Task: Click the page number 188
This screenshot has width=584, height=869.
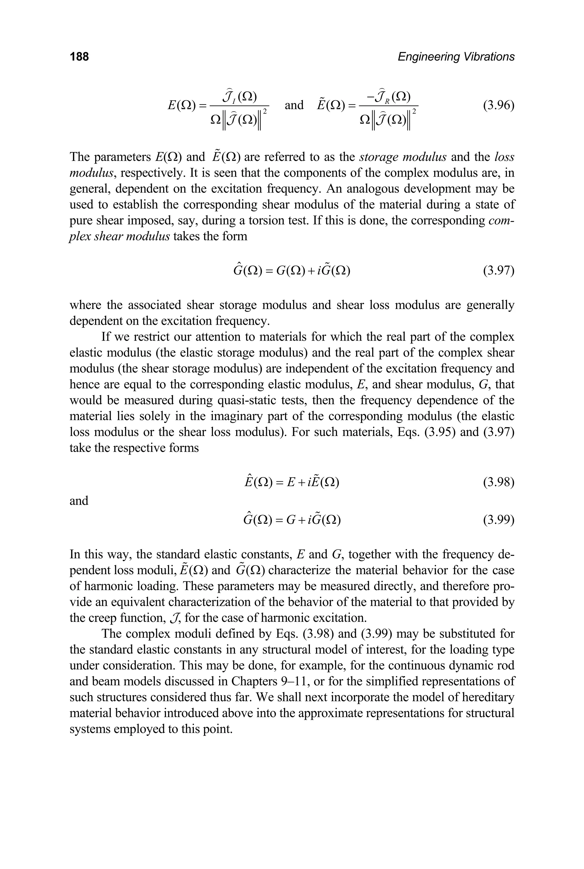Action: click(x=79, y=57)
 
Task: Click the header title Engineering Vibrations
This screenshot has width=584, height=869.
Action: click(x=456, y=57)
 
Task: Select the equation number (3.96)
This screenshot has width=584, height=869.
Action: click(x=498, y=106)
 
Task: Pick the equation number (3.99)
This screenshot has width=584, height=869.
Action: click(x=498, y=520)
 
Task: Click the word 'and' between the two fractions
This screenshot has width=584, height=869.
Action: click(x=294, y=105)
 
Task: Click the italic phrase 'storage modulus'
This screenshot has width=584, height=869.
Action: click(x=403, y=157)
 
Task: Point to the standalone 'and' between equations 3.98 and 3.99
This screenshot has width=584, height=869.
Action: click(x=79, y=501)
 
